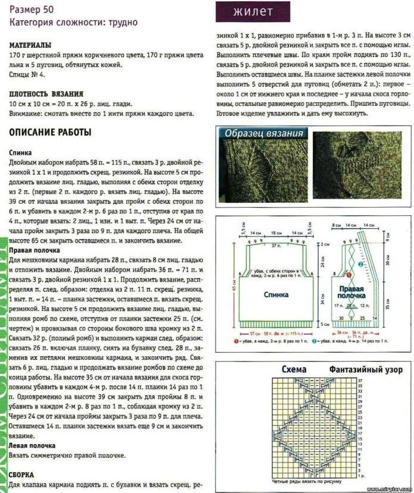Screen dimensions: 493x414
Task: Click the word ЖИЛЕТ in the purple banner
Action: pos(253,12)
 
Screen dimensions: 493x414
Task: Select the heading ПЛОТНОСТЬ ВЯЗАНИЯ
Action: pos(46,94)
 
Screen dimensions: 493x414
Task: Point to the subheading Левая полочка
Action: pos(32,445)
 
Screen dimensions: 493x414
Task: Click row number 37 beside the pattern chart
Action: pos(360,379)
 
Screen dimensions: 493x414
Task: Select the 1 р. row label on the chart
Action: pos(363,474)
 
